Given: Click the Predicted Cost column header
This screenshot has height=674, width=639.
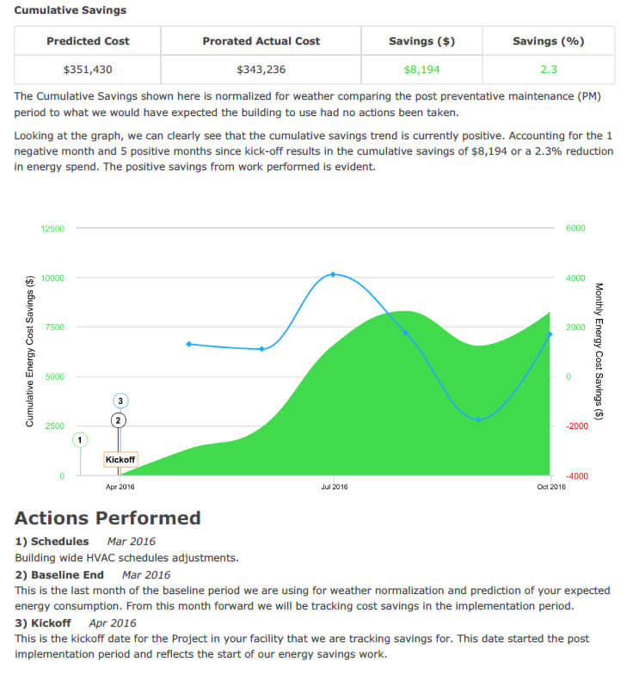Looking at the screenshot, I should click(x=87, y=40).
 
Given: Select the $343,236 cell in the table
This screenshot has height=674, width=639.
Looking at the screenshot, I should click(x=261, y=70).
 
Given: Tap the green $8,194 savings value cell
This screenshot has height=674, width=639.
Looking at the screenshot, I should click(x=422, y=70).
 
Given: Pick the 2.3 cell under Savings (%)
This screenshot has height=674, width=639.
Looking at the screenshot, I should click(x=549, y=70).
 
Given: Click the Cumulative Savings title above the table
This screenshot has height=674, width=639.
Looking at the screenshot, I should click(x=70, y=10).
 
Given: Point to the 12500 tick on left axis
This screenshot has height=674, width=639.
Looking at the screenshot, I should click(x=52, y=229).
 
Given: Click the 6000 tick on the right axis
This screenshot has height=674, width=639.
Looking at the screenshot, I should click(x=574, y=229).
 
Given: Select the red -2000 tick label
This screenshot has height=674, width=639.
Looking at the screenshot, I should click(x=575, y=426).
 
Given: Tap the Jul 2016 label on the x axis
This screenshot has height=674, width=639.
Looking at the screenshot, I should click(x=334, y=487).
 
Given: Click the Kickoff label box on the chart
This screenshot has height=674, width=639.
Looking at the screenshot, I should click(x=120, y=460).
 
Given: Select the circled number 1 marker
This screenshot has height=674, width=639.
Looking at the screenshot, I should click(x=80, y=439).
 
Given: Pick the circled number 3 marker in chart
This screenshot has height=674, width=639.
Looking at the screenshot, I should click(x=120, y=401).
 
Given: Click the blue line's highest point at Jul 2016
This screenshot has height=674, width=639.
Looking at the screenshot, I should click(x=334, y=274).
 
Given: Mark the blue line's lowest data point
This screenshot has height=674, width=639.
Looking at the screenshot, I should click(x=479, y=420).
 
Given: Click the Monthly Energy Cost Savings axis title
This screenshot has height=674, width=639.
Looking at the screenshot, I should click(x=599, y=351).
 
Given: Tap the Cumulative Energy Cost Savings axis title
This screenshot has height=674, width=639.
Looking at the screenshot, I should click(x=30, y=351).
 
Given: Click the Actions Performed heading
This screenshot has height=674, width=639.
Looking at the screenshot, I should click(x=108, y=518).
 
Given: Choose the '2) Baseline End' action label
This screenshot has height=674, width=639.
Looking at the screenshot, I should click(x=59, y=574).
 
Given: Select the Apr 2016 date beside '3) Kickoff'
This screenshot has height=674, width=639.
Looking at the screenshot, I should click(x=113, y=622).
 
